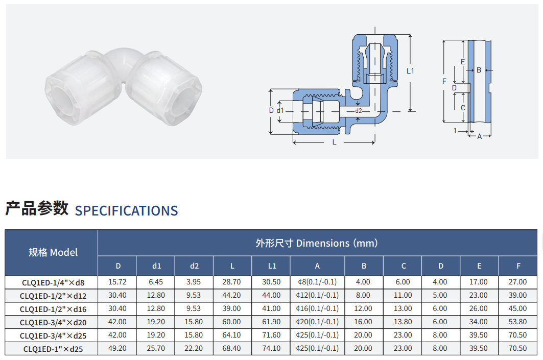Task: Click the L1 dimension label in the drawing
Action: (410, 71)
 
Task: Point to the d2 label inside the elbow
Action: (359, 111)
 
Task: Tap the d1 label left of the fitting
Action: (280, 110)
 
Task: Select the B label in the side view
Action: (479, 70)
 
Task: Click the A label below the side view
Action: (480, 136)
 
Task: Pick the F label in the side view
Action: (444, 81)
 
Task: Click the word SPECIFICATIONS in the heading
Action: (126, 211)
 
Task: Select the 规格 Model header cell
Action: (53, 252)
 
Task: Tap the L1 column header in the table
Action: (272, 266)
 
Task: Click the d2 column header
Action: (194, 266)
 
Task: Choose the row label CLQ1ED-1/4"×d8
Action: (53, 282)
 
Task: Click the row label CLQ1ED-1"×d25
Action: (53, 349)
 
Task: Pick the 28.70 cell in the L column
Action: (232, 282)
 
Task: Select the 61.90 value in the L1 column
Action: (272, 322)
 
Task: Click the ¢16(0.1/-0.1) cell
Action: (317, 308)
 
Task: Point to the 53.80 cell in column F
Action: (518, 322)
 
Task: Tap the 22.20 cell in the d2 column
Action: (194, 348)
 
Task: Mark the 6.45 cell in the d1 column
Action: (156, 282)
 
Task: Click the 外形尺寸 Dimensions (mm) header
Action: (317, 243)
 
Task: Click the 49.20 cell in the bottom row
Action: (117, 348)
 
